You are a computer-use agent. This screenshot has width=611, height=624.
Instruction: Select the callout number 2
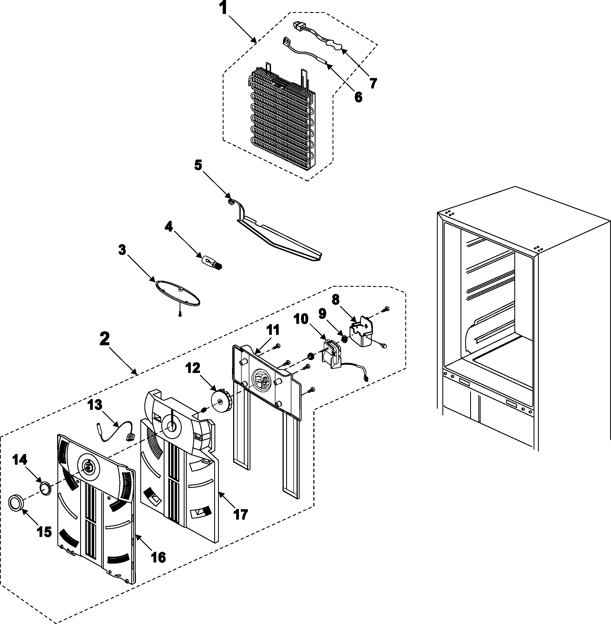[x=104, y=339]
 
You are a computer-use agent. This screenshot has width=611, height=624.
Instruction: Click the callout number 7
[x=373, y=83]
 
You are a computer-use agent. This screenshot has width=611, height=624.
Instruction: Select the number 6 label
[x=358, y=97]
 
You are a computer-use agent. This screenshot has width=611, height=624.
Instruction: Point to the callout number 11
[x=273, y=330]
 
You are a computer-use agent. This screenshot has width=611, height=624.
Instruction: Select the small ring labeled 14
[x=46, y=489]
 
